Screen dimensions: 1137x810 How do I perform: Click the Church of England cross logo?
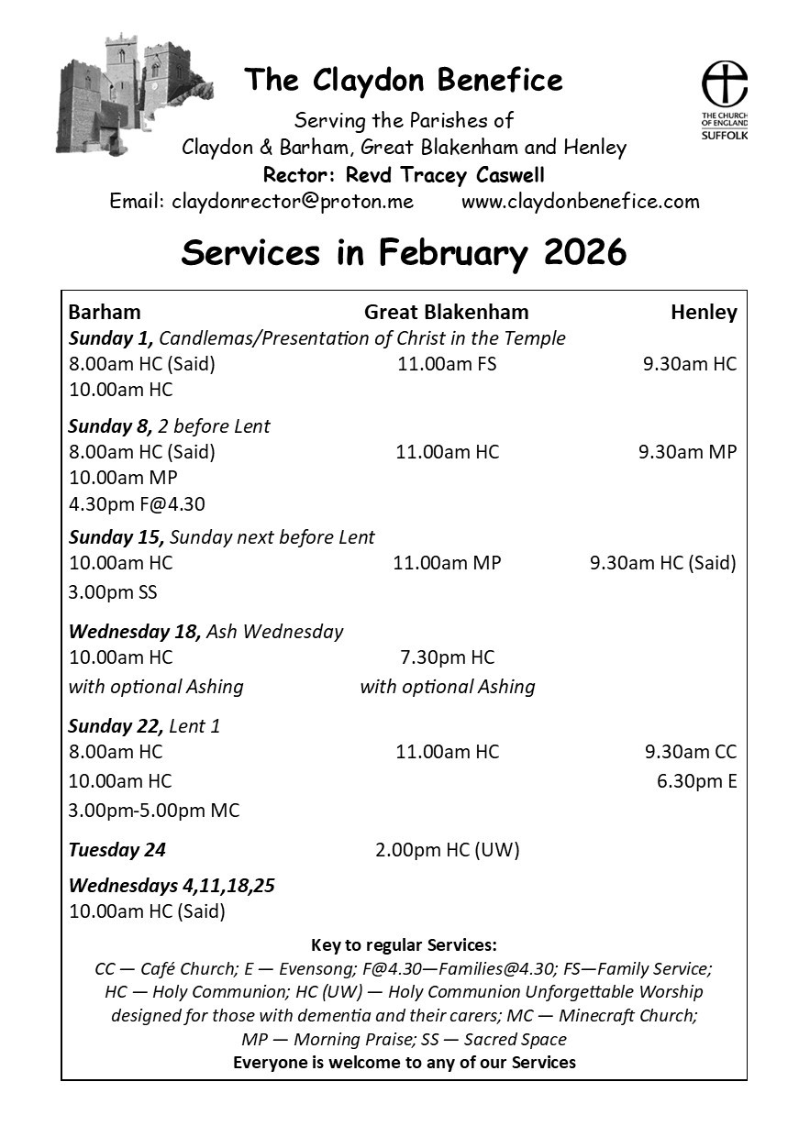pyautogui.click(x=724, y=84)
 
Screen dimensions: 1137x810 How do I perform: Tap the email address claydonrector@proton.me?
pyautogui.click(x=293, y=201)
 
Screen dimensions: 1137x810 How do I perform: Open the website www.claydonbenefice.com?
pyautogui.click(x=580, y=201)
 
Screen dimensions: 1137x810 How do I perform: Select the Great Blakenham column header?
pyautogui.click(x=447, y=312)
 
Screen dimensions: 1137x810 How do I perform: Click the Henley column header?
pyautogui.click(x=704, y=312)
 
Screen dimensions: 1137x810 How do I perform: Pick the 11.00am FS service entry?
pyautogui.click(x=447, y=364)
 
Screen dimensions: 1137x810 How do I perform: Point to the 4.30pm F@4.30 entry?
pyautogui.click(x=137, y=503)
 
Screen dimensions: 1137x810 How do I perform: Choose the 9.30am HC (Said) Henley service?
pyautogui.click(x=662, y=563)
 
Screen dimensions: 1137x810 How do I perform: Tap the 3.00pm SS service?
pyautogui.click(x=113, y=591)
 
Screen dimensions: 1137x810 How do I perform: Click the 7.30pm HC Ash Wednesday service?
pyautogui.click(x=447, y=657)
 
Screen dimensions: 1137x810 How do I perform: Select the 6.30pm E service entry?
pyautogui.click(x=696, y=781)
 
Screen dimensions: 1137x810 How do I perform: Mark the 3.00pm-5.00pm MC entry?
pyautogui.click(x=154, y=811)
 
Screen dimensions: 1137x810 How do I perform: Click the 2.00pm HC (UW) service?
pyautogui.click(x=447, y=850)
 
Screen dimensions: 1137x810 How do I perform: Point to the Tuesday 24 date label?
pyautogui.click(x=117, y=850)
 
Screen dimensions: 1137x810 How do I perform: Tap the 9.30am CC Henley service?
pyautogui.click(x=690, y=752)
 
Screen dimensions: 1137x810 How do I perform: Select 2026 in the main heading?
pyautogui.click(x=585, y=252)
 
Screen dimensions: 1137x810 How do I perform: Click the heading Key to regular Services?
pyautogui.click(x=404, y=945)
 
